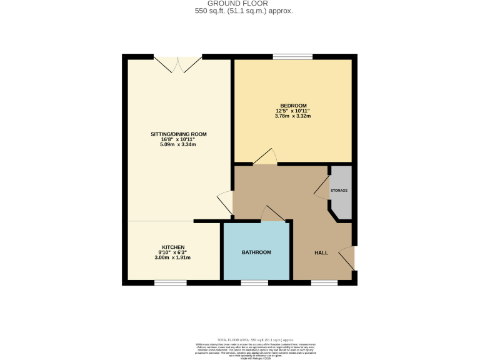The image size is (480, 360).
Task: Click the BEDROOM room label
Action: [x=293, y=105]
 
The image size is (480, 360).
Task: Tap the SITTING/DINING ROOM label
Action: [x=178, y=134]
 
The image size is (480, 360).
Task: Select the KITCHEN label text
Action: [x=173, y=247]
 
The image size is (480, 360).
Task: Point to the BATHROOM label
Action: [x=256, y=252]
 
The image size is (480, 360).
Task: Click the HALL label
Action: [x=321, y=253]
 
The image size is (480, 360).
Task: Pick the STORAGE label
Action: [x=339, y=190]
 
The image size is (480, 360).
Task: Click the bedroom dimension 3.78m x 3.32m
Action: [x=293, y=116]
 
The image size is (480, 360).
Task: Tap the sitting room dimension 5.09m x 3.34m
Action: [x=178, y=144]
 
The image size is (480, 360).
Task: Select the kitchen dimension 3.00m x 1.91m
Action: [x=173, y=257]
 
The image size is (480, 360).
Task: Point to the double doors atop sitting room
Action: [x=178, y=63]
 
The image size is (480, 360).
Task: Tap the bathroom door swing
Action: [x=271, y=214]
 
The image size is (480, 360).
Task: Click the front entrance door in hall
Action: [x=347, y=258]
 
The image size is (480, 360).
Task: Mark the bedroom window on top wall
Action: [x=292, y=57]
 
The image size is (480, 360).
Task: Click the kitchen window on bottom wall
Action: [x=170, y=283]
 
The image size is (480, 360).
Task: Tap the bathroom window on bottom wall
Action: [x=254, y=283]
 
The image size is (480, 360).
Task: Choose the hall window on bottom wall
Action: [x=324, y=283]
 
